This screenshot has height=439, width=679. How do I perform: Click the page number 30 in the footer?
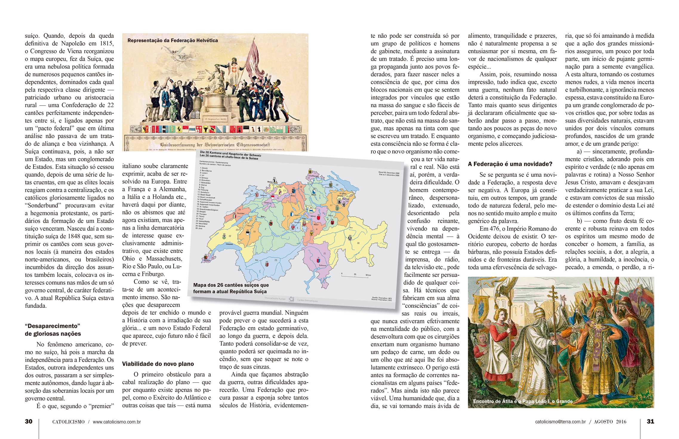tap(29, 421)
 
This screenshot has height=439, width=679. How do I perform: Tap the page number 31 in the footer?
tap(650, 421)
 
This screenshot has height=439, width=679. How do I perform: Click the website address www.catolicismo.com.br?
tap(117, 422)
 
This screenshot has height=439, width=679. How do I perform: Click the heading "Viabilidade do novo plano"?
tap(158, 364)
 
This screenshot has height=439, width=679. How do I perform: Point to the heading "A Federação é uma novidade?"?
tap(510, 164)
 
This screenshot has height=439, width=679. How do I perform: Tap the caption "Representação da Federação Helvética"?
tap(173, 40)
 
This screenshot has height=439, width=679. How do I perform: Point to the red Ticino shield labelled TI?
tap(319, 260)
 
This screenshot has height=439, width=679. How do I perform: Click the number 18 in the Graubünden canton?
tap(358, 243)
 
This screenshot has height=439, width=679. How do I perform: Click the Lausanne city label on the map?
tap(229, 244)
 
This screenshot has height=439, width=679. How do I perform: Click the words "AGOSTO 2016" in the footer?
tap(610, 422)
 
